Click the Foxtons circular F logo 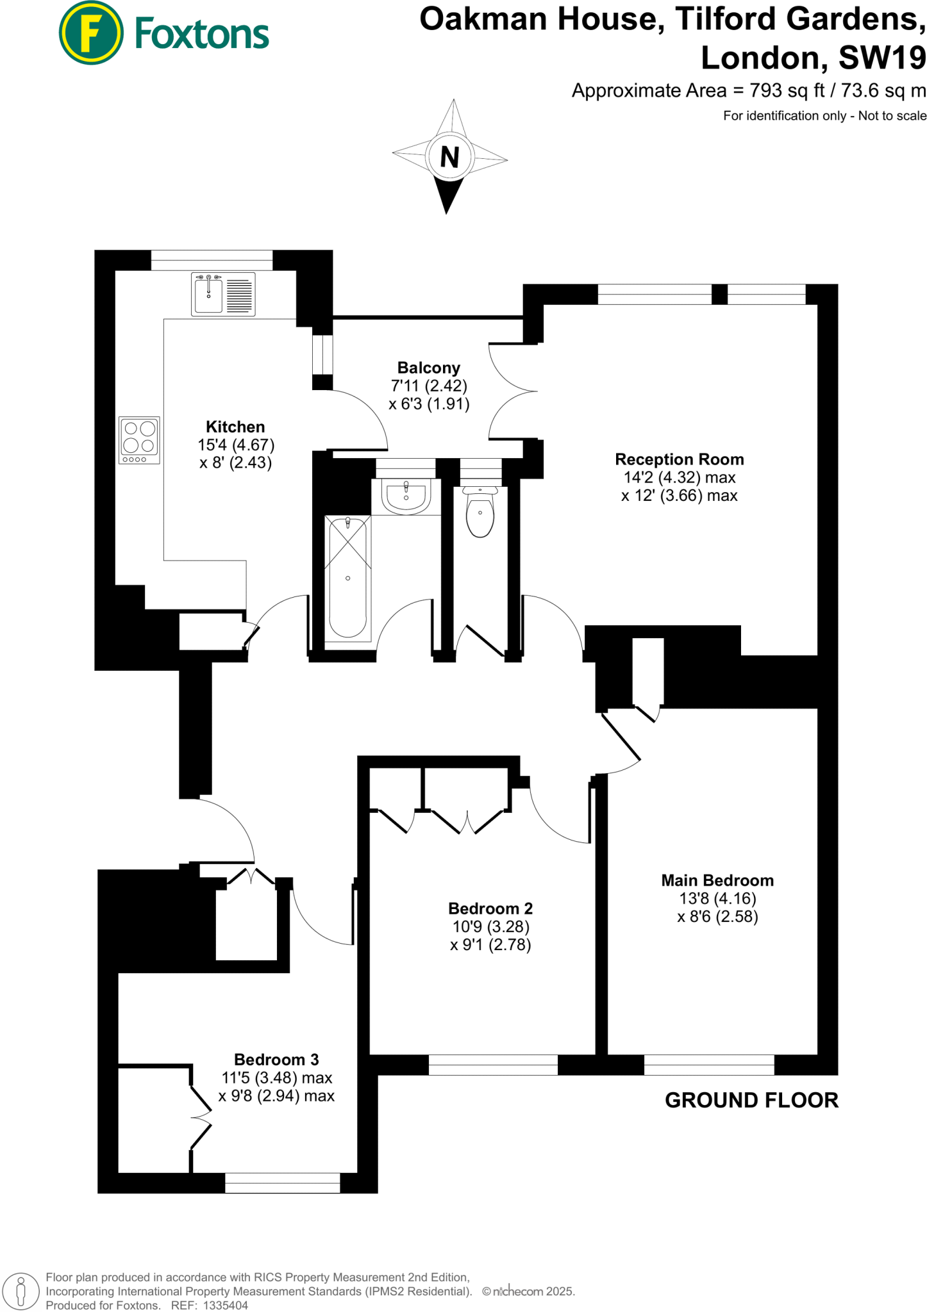click(x=91, y=33)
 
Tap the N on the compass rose click(x=450, y=157)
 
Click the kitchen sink click(x=209, y=295)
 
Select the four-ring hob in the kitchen click(x=140, y=437)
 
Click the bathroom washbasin click(x=406, y=496)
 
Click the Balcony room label click(x=429, y=368)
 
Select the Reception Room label click(x=680, y=459)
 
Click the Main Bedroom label click(x=717, y=880)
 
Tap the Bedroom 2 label click(x=490, y=908)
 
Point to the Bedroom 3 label click(x=276, y=1060)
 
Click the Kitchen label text click(x=235, y=427)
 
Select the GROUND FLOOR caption click(x=751, y=1101)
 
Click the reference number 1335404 click(x=225, y=1305)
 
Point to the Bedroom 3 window click(x=283, y=1183)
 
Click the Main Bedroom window click(x=709, y=1065)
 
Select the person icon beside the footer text click(x=21, y=1291)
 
